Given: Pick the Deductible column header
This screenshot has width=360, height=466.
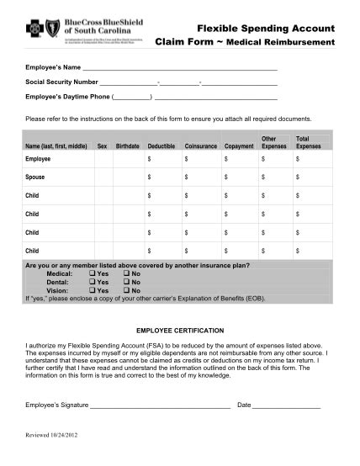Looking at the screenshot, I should point(161,146).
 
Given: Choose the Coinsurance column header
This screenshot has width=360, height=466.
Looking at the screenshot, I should point(200,146).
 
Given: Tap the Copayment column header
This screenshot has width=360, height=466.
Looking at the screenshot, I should point(239,146).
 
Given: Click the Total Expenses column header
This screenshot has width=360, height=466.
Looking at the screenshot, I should point(308,142).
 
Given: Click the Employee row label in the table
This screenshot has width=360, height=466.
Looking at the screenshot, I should point(39,158).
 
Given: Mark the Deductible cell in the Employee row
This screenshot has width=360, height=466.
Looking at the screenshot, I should point(164,158).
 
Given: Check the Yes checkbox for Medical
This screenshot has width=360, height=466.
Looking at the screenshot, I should point(92,274).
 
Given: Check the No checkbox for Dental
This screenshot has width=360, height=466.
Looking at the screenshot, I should point(125,282).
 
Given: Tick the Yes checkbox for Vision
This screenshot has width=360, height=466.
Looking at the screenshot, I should point(92,290).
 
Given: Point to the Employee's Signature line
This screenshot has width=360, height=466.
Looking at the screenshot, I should point(160,405).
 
